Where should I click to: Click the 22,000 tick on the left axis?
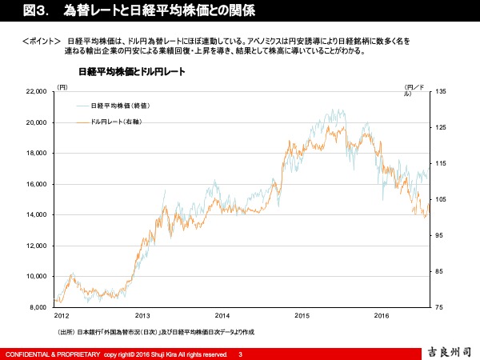37,92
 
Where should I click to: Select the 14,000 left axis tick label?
37,215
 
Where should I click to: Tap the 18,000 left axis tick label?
37,154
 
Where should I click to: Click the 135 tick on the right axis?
438,92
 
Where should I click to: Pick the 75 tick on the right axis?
437,307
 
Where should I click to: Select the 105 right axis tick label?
438,199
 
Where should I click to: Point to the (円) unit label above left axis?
63,86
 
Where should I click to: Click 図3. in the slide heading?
18,10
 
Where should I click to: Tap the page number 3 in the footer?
240,353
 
